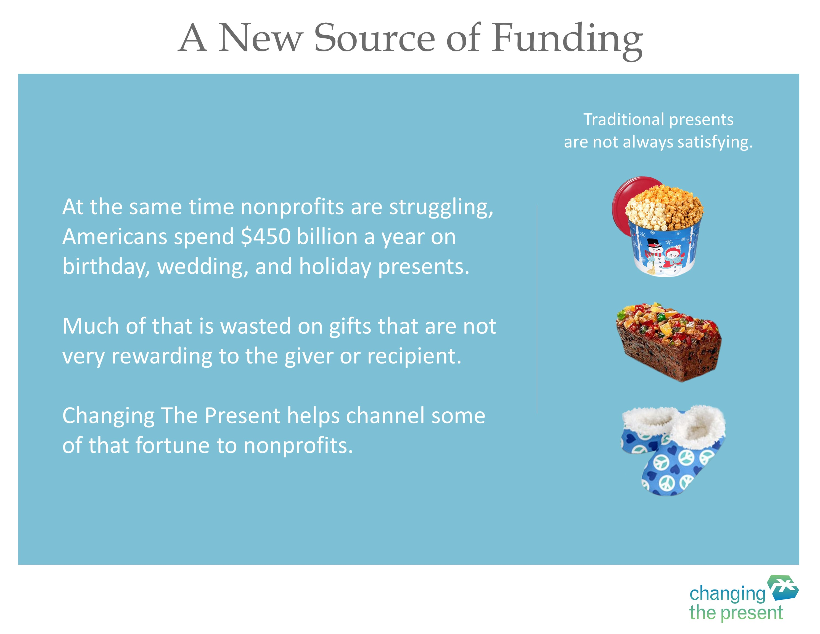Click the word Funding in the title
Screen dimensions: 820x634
point(567,40)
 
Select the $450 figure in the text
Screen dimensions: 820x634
point(266,237)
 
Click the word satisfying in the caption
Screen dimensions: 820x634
point(715,142)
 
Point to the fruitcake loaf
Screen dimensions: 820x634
point(669,342)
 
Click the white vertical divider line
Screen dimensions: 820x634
point(537,309)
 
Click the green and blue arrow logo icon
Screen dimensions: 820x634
point(782,588)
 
